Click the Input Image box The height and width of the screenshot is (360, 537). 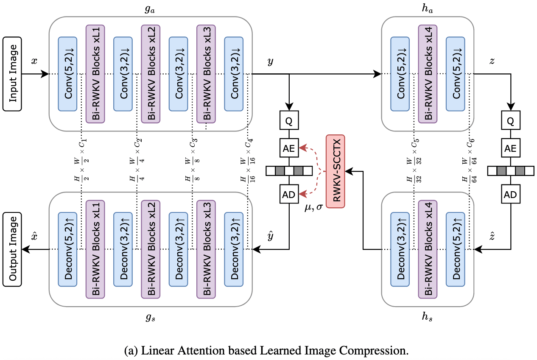pyautogui.click(x=13, y=74)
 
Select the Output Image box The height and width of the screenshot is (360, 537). pyautogui.click(x=13, y=249)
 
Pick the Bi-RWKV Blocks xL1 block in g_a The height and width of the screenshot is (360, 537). pyautogui.click(x=95, y=74)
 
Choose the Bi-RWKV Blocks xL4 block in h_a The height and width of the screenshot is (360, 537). pyautogui.click(x=428, y=74)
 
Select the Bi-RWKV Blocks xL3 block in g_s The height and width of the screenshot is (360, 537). pyautogui.click(x=206, y=249)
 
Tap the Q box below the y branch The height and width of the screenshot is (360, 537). pyautogui.click(x=289, y=121)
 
